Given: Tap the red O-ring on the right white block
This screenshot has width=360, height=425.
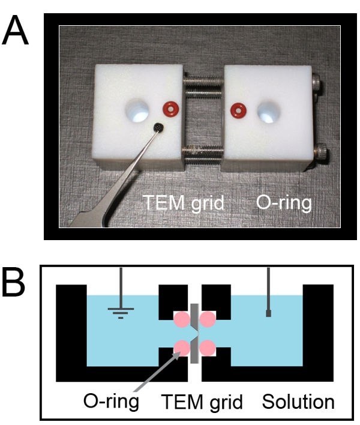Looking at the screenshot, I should click(x=239, y=110).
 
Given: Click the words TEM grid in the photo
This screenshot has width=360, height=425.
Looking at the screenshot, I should click(x=181, y=203).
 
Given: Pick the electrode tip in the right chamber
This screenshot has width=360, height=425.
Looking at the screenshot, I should click(x=268, y=313).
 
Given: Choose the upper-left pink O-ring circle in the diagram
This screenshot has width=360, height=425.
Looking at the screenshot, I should click(x=181, y=319).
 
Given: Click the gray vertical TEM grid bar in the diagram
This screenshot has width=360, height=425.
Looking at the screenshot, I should click(x=194, y=333).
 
